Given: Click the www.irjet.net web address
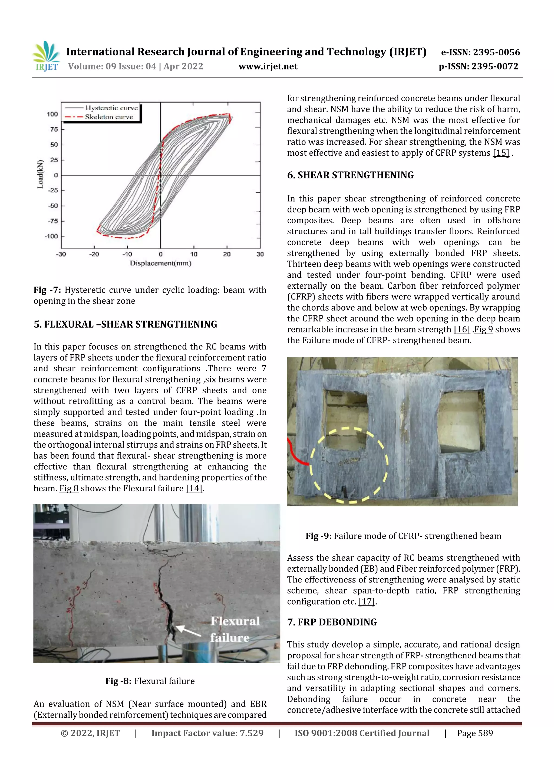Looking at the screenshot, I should coord(268,66).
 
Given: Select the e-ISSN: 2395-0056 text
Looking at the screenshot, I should coord(480,52).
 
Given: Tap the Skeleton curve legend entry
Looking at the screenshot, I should coord(108,117).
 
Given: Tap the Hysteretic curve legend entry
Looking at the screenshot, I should coord(111,108).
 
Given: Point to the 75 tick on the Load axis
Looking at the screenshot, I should coord(54,129).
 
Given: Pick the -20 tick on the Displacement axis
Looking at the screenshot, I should coord(94,254).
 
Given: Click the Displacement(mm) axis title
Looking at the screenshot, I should coord(160,263).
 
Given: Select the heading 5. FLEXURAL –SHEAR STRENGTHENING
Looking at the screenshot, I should coord(125,324).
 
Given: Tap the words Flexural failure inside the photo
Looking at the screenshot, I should coord(235,629).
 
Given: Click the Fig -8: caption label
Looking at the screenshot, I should coord(118,681).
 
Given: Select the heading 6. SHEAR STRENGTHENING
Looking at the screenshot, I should coord(350,175).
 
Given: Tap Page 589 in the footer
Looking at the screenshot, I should coord(475,733).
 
